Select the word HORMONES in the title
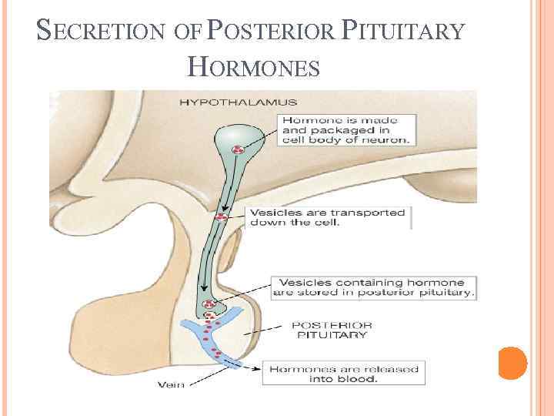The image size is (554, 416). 254,69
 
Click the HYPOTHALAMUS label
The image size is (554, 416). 239,102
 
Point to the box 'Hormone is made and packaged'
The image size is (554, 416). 345,129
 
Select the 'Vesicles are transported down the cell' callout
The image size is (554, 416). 328,217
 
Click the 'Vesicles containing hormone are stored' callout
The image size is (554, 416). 373,287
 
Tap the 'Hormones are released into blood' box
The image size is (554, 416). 342,374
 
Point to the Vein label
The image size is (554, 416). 172,384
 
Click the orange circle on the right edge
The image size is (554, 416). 512,362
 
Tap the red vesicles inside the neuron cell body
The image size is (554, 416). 239,149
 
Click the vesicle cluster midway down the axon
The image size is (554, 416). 222,217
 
